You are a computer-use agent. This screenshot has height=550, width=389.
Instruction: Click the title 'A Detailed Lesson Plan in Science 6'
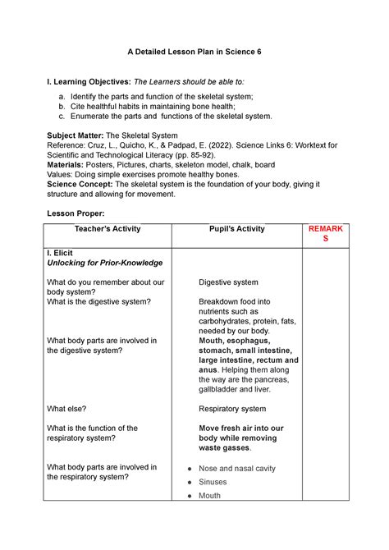(194, 52)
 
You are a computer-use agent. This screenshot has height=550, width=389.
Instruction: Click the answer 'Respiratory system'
(237, 408)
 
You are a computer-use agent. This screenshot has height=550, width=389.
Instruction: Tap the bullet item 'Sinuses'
(217, 482)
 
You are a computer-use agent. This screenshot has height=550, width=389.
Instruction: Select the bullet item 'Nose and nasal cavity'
(236, 469)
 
